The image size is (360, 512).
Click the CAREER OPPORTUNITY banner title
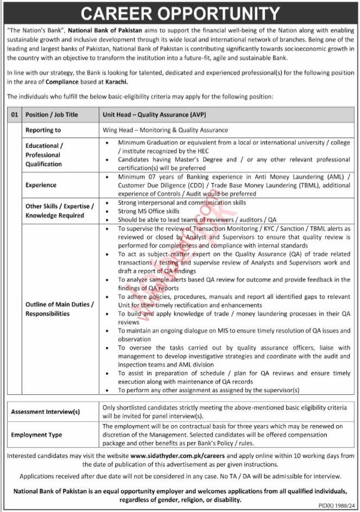[180, 12]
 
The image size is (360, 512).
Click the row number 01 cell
[15, 115]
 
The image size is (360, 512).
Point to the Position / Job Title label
[52, 115]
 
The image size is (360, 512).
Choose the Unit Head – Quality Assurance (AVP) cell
[154, 115]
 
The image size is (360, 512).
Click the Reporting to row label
[43, 130]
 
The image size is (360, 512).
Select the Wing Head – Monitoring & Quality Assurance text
[165, 130]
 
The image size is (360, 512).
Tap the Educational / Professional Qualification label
[45, 155]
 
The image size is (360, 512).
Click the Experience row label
[41, 185]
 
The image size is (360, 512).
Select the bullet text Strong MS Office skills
[149, 211]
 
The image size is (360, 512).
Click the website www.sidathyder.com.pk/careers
[172, 456]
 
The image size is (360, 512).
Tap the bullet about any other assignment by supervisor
[209, 390]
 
